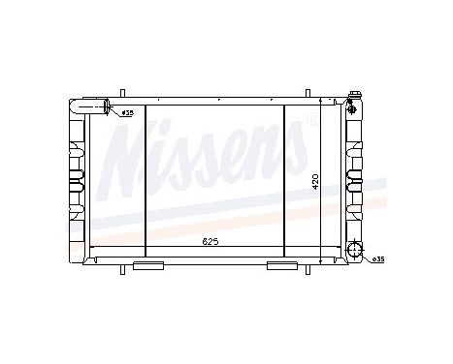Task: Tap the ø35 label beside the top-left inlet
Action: pos(127,113)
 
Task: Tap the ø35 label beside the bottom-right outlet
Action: pos(377,259)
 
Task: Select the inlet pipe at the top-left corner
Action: pos(97,106)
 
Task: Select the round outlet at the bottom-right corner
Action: pos(357,255)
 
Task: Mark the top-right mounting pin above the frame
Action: pos(307,95)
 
